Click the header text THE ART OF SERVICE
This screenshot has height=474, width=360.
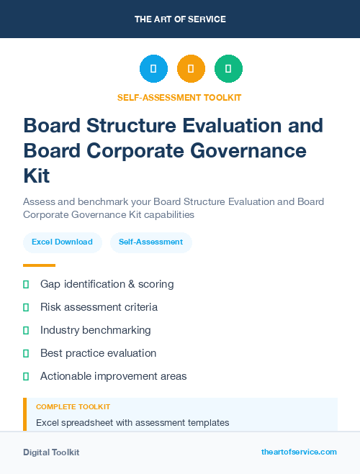(180, 19)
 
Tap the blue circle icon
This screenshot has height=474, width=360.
(153, 69)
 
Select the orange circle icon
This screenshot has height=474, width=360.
(191, 69)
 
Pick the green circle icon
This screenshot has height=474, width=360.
(228, 69)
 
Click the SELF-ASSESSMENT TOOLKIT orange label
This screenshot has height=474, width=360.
(180, 97)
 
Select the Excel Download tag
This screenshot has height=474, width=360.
(62, 242)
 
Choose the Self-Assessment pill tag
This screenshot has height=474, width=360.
(151, 242)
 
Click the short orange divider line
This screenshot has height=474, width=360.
(39, 265)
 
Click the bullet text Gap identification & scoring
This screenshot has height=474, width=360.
(107, 284)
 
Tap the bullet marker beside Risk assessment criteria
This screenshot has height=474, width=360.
(26, 307)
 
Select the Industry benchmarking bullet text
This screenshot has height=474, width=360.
(95, 330)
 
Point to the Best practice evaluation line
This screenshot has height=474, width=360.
(98, 353)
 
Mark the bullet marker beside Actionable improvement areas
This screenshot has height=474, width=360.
(26, 376)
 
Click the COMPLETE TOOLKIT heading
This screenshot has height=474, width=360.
(73, 407)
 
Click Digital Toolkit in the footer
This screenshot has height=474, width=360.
(51, 452)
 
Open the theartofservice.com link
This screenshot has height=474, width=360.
(299, 452)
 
